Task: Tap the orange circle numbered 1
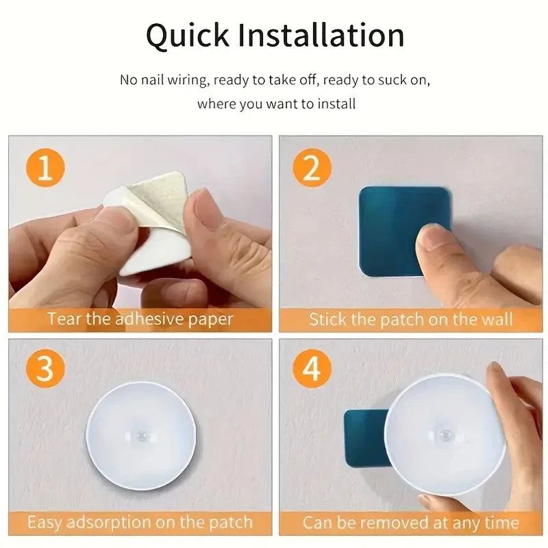[x=45, y=169]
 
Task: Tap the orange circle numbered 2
[x=312, y=169]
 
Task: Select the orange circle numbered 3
[x=45, y=370]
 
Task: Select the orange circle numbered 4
[x=312, y=370]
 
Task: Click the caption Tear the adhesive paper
[x=140, y=319]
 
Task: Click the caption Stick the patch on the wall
[x=410, y=319]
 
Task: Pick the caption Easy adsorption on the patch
[x=140, y=523]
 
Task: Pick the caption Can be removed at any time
[x=410, y=523]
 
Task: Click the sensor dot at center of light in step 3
[x=141, y=434]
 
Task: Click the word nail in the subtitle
[x=155, y=80]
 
